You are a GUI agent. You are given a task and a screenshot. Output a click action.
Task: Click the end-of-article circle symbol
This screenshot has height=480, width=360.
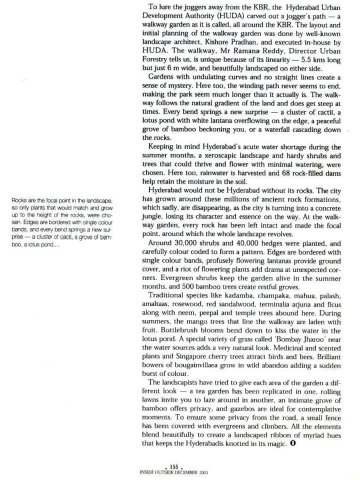coord(322,462)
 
